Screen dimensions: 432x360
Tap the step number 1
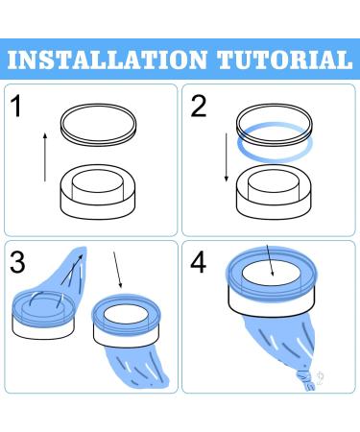[20, 106]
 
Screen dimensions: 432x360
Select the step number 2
[198, 106]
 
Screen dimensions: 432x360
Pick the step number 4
[200, 261]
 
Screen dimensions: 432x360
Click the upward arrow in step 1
[43, 157]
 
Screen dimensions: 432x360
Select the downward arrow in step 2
[224, 157]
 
